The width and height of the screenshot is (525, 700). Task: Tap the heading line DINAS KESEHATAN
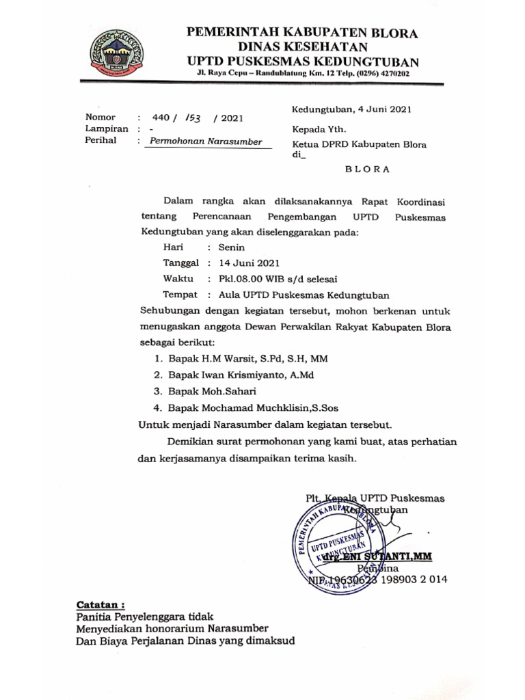[x=303, y=46]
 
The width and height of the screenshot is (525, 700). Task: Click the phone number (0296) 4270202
[x=373, y=73]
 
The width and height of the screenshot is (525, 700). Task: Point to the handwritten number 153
[x=196, y=118]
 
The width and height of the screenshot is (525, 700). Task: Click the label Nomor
[x=100, y=117]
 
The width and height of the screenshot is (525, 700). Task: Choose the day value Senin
[x=231, y=247]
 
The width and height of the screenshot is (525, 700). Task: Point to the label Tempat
[x=180, y=295]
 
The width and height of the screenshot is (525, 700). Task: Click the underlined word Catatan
[x=100, y=605]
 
